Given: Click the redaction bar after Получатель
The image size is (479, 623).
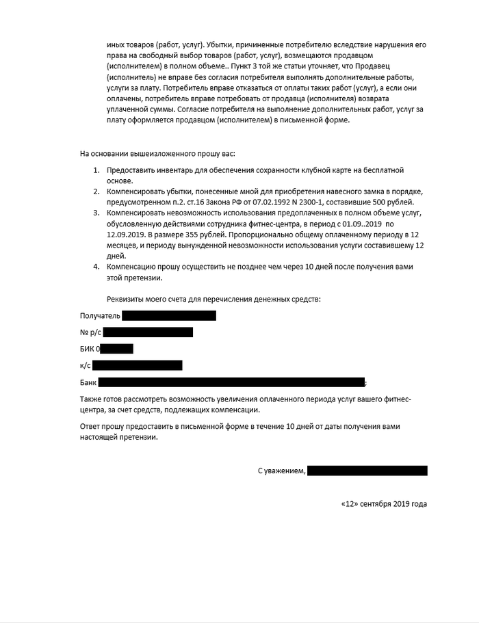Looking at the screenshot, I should click(170, 315).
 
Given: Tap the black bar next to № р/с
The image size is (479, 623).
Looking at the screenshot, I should click(147, 332).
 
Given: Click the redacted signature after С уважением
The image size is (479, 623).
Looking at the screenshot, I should click(367, 470).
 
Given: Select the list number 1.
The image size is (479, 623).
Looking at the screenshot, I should click(96, 169).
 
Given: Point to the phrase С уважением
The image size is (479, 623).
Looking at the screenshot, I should click(281, 471).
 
